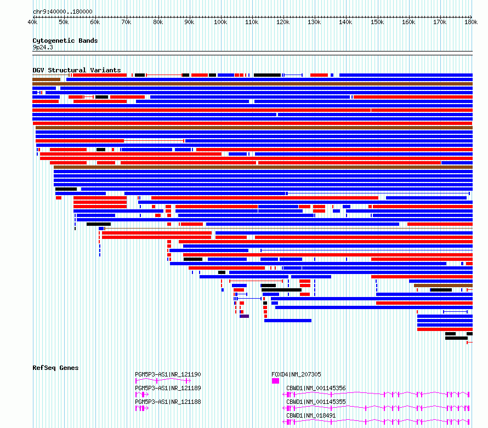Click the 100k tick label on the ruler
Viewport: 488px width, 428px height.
[x=220, y=22]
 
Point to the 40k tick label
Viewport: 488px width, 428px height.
[x=32, y=22]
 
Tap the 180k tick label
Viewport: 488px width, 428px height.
[x=471, y=22]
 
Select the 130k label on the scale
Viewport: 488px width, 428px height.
[x=314, y=22]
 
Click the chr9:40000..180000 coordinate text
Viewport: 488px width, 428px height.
[x=63, y=12]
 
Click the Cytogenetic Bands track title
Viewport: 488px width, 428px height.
[x=65, y=41]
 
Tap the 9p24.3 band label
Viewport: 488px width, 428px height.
[x=43, y=47]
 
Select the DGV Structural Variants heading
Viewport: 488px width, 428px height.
[x=77, y=70]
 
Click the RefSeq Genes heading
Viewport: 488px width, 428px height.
[x=55, y=368]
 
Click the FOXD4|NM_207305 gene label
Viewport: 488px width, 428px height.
[x=296, y=374]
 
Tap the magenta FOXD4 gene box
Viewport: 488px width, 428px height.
[x=275, y=381]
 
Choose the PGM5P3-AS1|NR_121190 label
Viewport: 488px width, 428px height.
[x=168, y=374]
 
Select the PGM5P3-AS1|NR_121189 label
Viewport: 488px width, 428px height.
[x=168, y=388]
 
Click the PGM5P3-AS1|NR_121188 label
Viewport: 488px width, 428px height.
[x=168, y=402]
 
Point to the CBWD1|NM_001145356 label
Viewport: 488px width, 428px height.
[x=316, y=388]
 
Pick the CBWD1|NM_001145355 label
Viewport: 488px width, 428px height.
[x=316, y=402]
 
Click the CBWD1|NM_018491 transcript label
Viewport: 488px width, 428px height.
[x=311, y=415]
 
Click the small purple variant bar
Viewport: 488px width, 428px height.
[x=245, y=316]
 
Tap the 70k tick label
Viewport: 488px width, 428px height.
[x=126, y=22]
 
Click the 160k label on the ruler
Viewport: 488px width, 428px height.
[x=408, y=22]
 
